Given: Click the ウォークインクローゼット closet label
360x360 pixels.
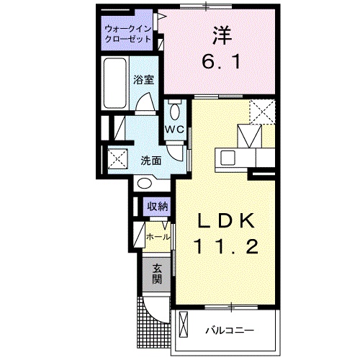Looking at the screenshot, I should pyautogui.click(x=127, y=34).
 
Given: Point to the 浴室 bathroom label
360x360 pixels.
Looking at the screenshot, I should pyautogui.click(x=143, y=81).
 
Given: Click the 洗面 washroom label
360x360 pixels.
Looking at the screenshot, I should pyautogui.click(x=150, y=160).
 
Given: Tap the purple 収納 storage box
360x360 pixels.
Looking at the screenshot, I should pyautogui.click(x=158, y=207).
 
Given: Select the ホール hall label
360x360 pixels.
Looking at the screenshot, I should pyautogui.click(x=158, y=236).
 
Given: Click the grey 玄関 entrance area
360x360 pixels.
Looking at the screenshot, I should pyautogui.click(x=157, y=274).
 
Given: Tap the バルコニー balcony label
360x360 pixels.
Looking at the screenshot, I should pyautogui.click(x=230, y=330).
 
